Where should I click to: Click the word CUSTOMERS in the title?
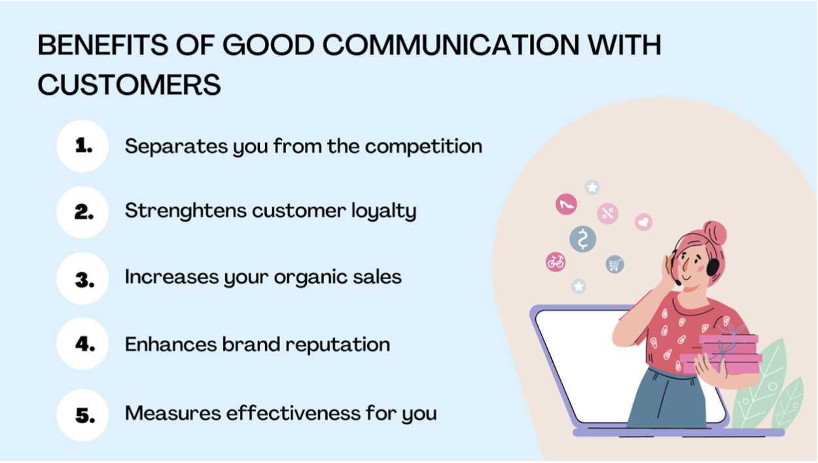click(130, 84)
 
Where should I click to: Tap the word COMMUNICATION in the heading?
click(451, 45)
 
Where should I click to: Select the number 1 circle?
click(82, 146)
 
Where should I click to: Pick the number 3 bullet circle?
click(82, 279)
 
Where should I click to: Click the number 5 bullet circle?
click(82, 415)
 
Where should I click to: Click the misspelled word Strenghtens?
click(185, 211)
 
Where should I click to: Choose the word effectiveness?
click(293, 413)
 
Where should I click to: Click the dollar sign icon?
click(583, 239)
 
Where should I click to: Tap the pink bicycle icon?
click(556, 262)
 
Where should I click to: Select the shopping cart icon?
click(615, 264)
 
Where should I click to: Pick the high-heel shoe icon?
click(567, 204)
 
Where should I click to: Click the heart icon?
click(643, 222)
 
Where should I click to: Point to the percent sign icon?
click(608, 213)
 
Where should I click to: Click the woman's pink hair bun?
click(715, 233)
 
